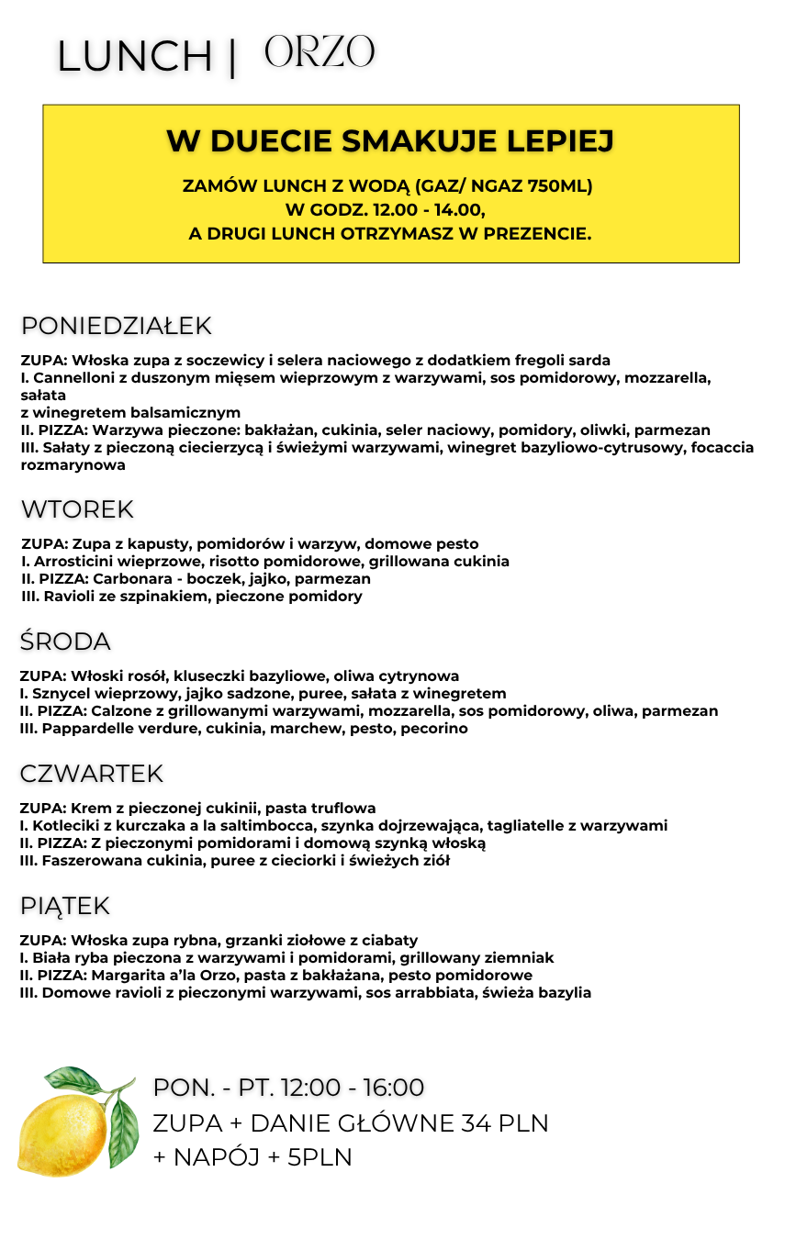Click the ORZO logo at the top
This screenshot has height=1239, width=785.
pos(320,52)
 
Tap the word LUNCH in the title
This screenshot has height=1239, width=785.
pos(135,57)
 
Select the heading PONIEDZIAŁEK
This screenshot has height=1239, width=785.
pos(116,326)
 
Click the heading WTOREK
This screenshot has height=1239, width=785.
pos(77,509)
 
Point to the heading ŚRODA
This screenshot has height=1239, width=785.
pos(65,642)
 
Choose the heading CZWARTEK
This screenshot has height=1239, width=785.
pos(92,774)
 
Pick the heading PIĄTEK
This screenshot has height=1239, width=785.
pos(64,906)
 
